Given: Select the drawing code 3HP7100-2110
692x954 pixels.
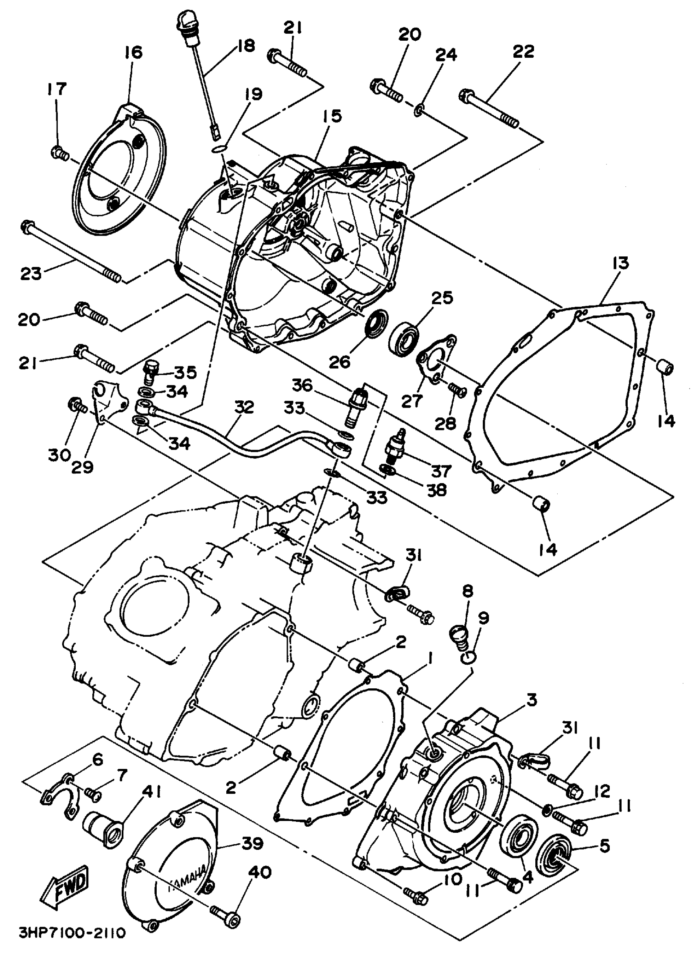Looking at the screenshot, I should pos(72,941).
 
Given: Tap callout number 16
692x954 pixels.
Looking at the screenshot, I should pos(133,52).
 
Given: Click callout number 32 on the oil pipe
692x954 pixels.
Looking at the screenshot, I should pos(244,407).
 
